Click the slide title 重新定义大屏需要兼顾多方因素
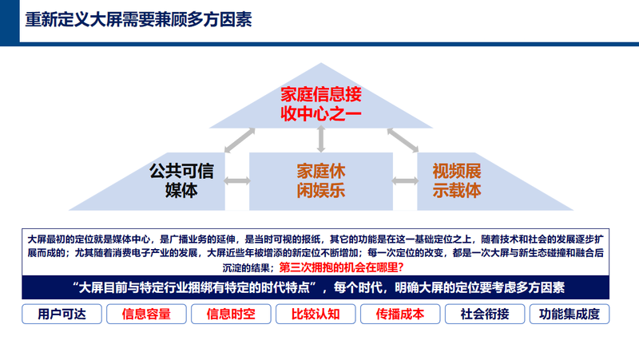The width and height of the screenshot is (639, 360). (x=138, y=19)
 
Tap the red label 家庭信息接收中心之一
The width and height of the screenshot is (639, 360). (x=321, y=105)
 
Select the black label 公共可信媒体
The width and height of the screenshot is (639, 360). (x=181, y=181)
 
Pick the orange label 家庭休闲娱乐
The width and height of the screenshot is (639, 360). (x=321, y=181)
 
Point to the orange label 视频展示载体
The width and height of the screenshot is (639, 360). (x=457, y=181)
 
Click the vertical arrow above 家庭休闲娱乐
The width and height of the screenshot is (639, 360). (x=321, y=139)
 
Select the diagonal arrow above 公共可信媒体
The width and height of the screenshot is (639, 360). (x=240, y=140)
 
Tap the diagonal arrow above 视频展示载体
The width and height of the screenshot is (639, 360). (x=403, y=140)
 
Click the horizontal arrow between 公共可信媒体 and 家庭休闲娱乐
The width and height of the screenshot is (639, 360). (x=237, y=181)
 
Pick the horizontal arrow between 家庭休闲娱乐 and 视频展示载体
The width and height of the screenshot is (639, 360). (x=405, y=181)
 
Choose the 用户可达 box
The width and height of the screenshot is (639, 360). (x=62, y=314)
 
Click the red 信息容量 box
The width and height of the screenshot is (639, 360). (x=146, y=314)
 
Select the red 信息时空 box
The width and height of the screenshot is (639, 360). (x=231, y=314)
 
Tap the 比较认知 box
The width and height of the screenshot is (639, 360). (x=316, y=314)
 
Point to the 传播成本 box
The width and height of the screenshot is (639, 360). (x=400, y=314)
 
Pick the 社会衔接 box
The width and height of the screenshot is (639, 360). (x=485, y=314)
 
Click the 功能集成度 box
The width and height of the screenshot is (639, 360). (x=570, y=314)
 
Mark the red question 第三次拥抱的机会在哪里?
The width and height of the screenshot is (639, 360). (x=342, y=267)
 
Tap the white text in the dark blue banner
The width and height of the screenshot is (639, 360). (x=319, y=287)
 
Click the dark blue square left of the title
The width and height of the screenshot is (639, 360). (x=10, y=22)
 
